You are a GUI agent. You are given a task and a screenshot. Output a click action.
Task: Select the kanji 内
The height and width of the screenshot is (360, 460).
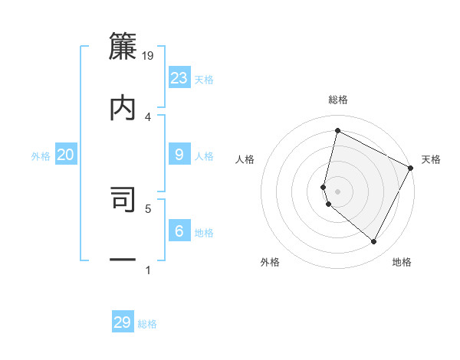123,108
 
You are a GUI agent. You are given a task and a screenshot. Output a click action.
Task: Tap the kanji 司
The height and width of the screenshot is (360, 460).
123,200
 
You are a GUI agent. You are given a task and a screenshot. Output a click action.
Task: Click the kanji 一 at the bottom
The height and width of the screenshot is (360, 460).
123,261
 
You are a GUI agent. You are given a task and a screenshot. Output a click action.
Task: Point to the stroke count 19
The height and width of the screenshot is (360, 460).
149,55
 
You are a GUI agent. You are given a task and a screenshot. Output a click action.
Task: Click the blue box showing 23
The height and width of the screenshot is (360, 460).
179,78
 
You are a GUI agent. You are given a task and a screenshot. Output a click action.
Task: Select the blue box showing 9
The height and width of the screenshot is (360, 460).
179,155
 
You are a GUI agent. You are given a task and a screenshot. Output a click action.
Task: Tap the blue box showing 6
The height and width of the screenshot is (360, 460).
179,231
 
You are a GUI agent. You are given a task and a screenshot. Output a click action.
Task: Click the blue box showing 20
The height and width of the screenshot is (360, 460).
66,155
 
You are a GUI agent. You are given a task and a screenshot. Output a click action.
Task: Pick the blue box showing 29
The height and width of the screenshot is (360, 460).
123,322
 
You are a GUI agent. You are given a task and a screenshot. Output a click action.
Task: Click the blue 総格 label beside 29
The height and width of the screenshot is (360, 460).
147,324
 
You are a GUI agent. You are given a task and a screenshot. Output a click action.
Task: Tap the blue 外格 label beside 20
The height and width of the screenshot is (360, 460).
41,156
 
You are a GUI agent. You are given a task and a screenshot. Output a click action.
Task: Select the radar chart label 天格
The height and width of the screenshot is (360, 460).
431,159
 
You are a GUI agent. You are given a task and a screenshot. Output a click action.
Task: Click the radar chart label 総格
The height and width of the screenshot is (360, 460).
338,100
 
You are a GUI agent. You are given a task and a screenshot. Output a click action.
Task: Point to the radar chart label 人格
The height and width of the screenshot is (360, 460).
245,159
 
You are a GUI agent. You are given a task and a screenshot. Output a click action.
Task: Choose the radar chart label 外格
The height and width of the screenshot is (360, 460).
270,262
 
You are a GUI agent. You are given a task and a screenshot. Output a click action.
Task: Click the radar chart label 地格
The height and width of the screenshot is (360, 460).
402,262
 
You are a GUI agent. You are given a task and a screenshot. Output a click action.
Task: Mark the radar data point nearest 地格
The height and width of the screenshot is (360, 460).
374,242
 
